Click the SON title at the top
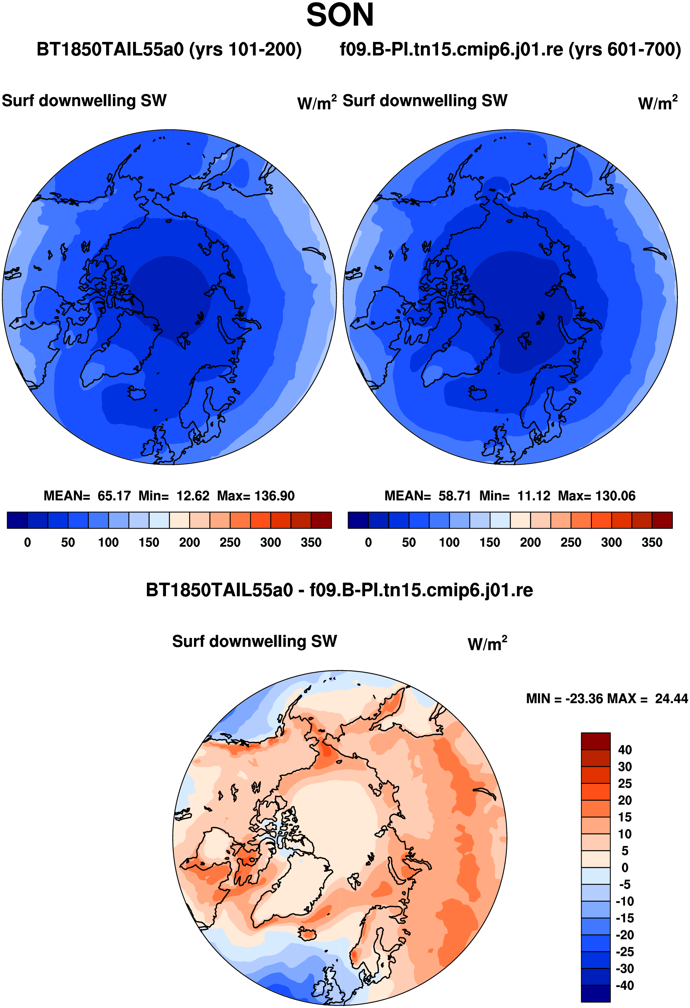tap(340, 15)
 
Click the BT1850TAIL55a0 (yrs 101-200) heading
tap(169, 49)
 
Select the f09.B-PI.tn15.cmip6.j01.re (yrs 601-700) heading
tap(510, 49)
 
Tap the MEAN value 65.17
tap(114, 496)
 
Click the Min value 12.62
tap(193, 496)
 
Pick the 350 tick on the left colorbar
tap(311, 543)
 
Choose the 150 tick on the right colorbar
tap(490, 543)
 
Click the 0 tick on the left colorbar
tap(27, 543)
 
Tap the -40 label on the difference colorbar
tap(625, 986)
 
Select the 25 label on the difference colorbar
tap(625, 784)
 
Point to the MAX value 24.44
tap(671, 699)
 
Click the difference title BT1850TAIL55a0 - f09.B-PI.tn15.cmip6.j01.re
tap(339, 590)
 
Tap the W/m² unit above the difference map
tap(487, 643)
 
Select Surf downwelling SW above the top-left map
tap(84, 101)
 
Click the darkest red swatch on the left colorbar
tap(321, 520)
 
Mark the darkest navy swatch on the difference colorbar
tap(595, 994)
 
